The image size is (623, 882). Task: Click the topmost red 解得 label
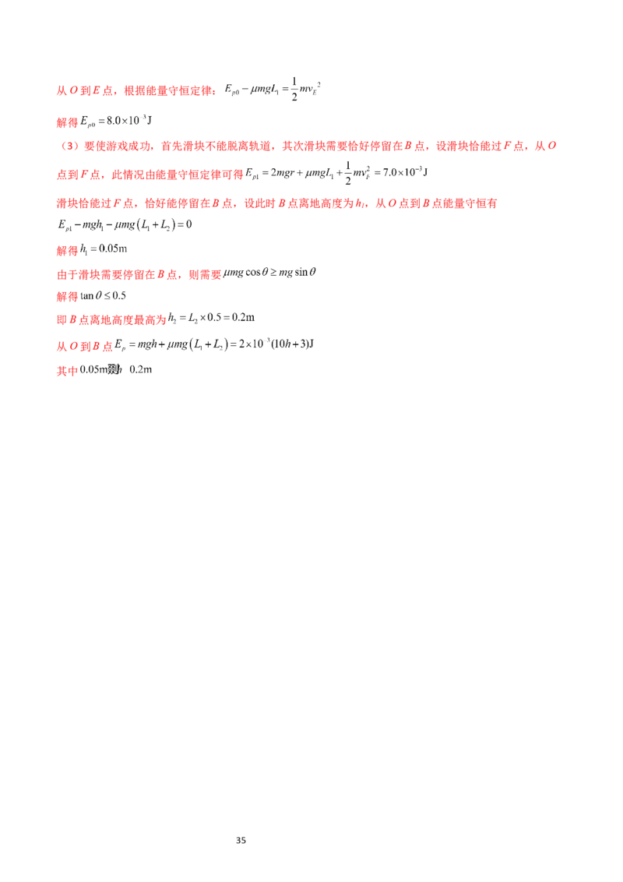pos(69,122)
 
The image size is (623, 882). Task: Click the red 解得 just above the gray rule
pos(69,251)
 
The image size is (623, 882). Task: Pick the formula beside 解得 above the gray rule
pos(106,250)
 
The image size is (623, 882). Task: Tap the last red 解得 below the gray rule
pos(69,297)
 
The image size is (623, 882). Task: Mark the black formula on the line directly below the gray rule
pos(269,273)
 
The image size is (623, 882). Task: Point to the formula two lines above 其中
pos(210,319)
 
